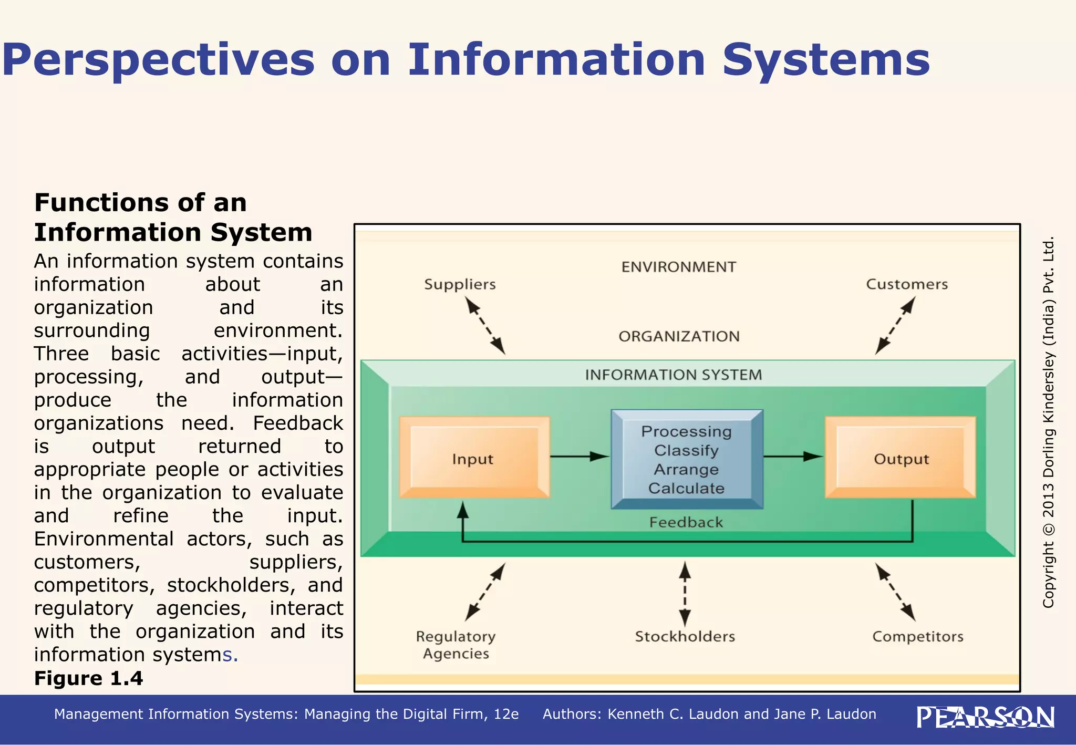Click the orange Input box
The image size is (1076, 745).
tap(474, 458)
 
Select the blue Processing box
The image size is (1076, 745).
tap(687, 459)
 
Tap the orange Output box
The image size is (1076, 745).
tap(901, 458)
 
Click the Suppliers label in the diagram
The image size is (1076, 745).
tap(460, 284)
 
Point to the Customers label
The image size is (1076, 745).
tap(907, 284)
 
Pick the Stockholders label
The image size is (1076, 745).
tap(685, 636)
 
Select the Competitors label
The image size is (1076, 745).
tap(917, 636)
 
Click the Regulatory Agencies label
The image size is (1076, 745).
tap(456, 645)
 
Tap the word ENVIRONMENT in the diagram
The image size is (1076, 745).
tap(678, 267)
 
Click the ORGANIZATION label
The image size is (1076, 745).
tap(679, 336)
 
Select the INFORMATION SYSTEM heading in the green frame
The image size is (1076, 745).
tap(673, 375)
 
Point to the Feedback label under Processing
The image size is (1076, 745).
tap(686, 522)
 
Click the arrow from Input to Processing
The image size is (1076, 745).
tap(580, 457)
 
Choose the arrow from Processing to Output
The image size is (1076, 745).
tap(793, 457)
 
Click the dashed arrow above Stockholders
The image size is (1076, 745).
tap(685, 594)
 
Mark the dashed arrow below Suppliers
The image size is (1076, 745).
tap(486, 326)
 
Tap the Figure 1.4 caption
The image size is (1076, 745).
tap(88, 678)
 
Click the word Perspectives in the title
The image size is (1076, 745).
tap(158, 60)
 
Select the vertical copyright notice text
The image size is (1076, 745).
tap(1048, 423)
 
